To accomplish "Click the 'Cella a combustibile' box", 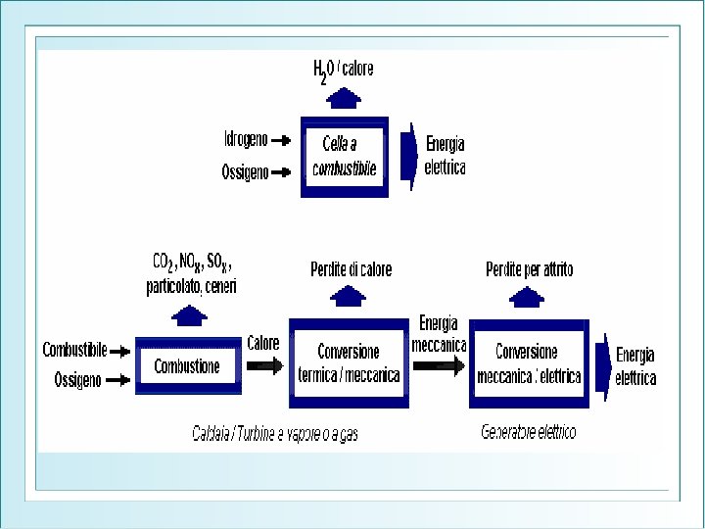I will tap(345, 157).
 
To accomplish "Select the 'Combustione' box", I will tap(187, 366).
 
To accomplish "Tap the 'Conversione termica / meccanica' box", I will tap(349, 362).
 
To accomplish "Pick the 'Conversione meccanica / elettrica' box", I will tap(529, 363).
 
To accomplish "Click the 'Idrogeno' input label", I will tap(245, 140).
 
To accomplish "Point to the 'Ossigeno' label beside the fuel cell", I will tap(244, 171).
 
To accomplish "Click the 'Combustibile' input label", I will tap(74, 349).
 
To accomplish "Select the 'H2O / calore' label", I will tap(343, 70).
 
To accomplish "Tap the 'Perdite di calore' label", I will tap(351, 269).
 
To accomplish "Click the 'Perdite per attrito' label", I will tap(530, 269).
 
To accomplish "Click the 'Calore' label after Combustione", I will tap(262, 343).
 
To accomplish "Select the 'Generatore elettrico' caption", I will tap(529, 431).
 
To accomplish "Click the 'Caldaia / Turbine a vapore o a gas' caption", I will tap(275, 433).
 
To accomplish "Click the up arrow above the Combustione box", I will tap(189, 314).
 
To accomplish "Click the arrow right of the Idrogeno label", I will tap(281, 140).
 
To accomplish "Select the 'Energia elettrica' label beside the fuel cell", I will tap(445, 158).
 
